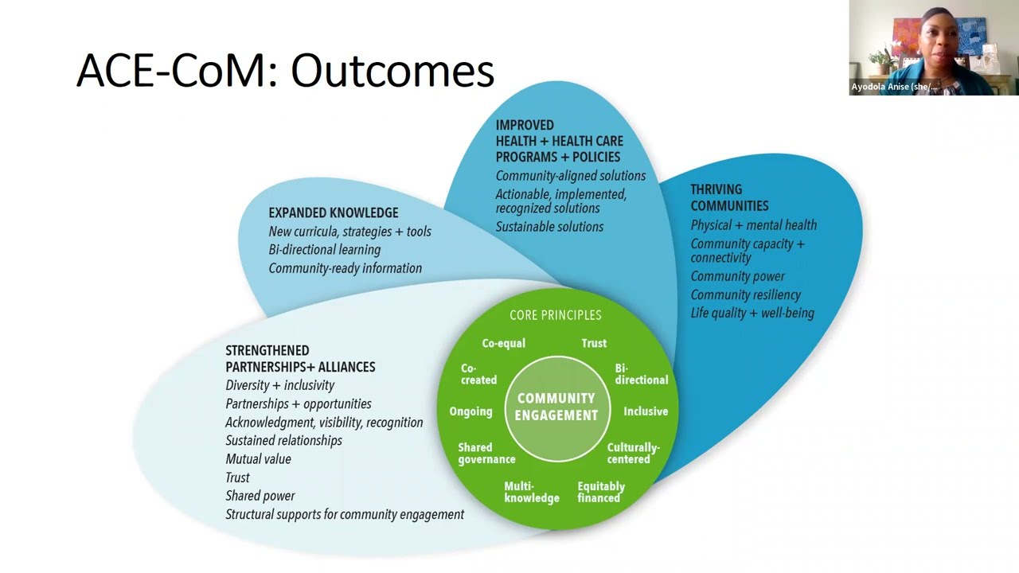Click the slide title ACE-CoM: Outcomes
pos(285,71)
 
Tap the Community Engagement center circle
pos(556,407)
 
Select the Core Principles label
pos(556,315)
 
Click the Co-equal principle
pos(503,343)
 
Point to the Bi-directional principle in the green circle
pos(641,374)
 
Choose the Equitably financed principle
pos(601,492)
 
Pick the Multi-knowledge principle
pos(531,492)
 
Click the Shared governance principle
pos(486,453)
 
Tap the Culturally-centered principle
pos(633,453)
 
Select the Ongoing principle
pos(470,411)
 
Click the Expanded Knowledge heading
pos(333,212)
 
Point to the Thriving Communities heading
pos(728,197)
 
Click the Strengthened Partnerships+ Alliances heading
pos(300,358)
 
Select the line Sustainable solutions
pos(549,227)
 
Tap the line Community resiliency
pos(745,294)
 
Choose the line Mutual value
pos(258,459)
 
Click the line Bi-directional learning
pos(324,250)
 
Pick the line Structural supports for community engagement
pos(344,514)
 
